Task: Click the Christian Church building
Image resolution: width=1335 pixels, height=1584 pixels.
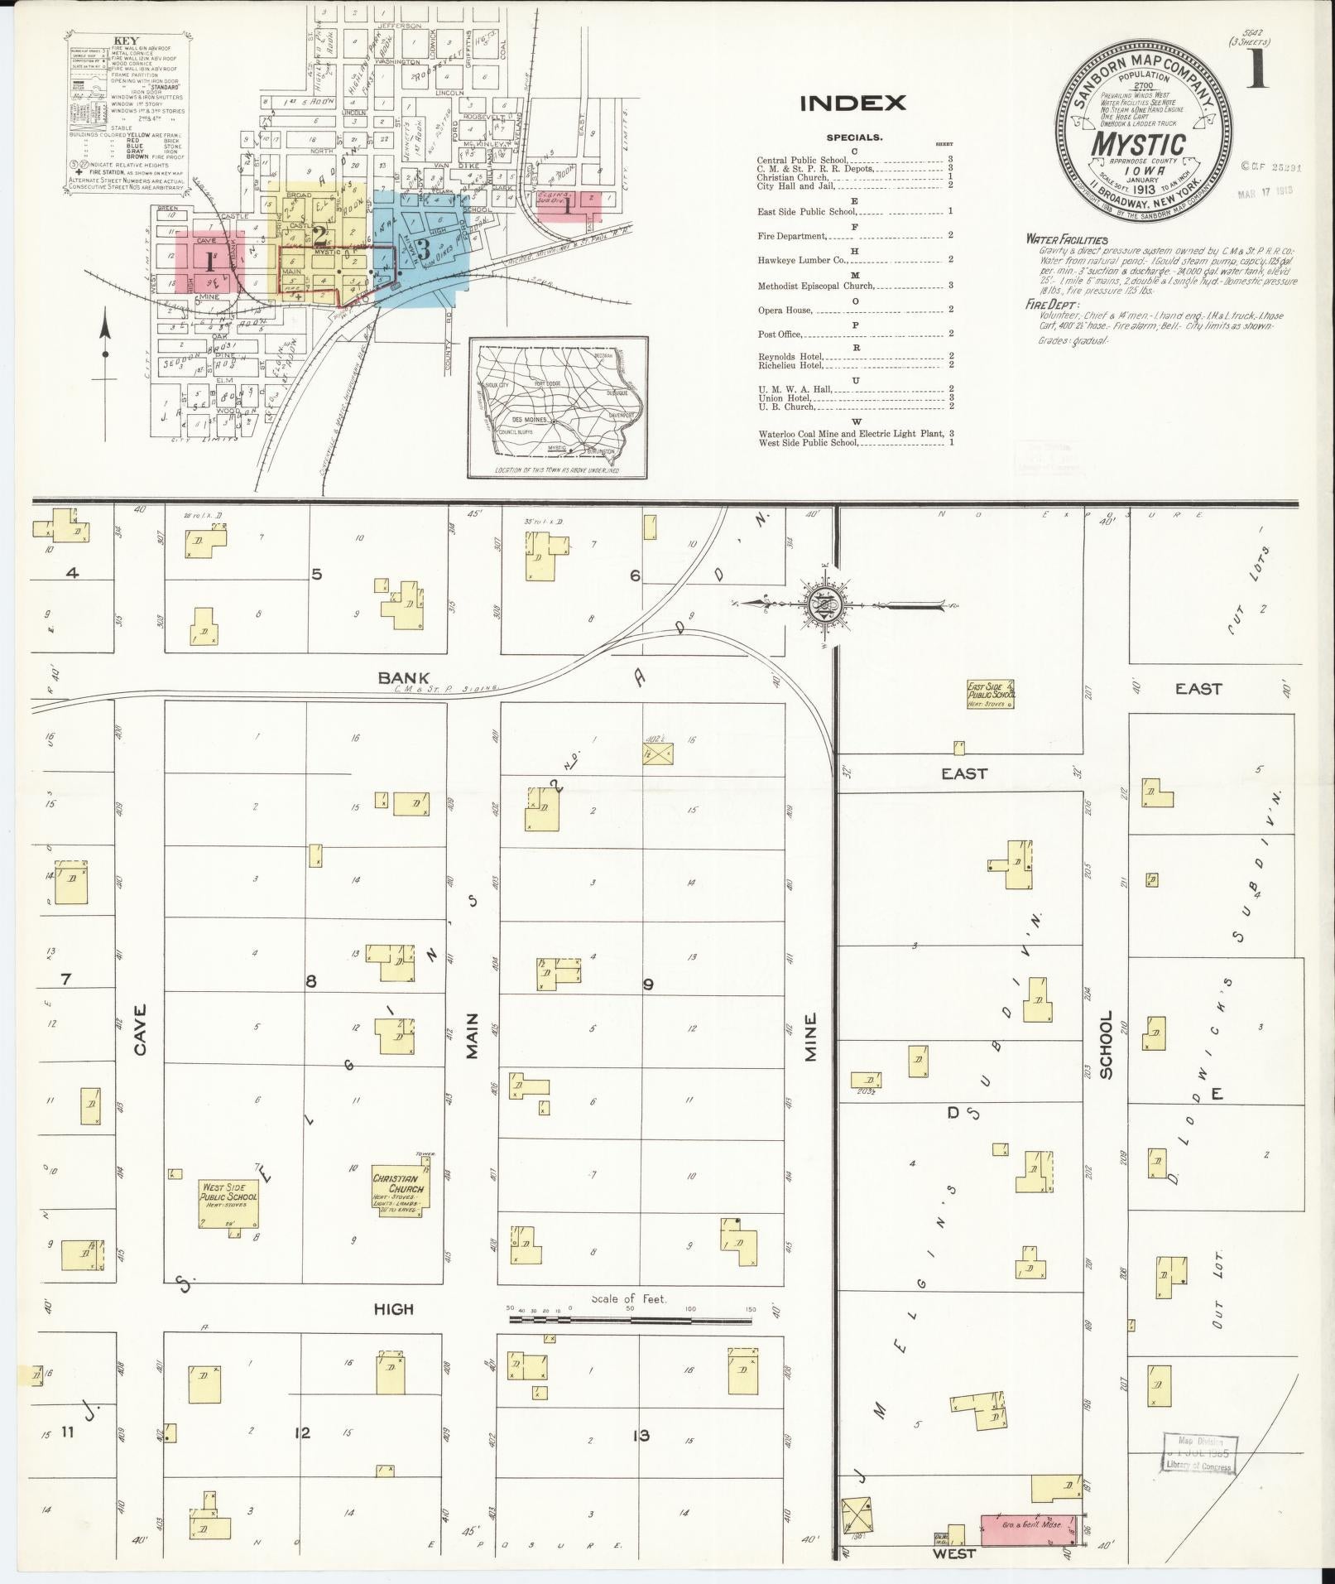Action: pyautogui.click(x=398, y=1189)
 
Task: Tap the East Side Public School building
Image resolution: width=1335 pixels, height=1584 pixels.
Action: pyautogui.click(x=990, y=695)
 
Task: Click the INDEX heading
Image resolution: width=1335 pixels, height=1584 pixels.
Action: pyautogui.click(x=852, y=104)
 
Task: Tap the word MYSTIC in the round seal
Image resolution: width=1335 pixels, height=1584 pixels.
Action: pyautogui.click(x=1138, y=145)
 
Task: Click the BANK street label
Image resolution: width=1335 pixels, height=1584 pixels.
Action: pyautogui.click(x=403, y=677)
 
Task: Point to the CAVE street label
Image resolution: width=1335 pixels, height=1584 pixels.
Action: pyautogui.click(x=139, y=1029)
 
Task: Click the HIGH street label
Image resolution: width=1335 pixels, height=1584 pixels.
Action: pyautogui.click(x=393, y=1309)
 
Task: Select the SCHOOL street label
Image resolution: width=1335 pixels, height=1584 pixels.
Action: pyautogui.click(x=1106, y=1045)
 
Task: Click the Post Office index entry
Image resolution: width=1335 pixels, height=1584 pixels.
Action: pyautogui.click(x=780, y=334)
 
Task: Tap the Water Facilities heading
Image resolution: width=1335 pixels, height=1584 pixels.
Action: pyautogui.click(x=1066, y=239)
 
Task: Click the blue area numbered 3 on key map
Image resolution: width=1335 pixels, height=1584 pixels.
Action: pyautogui.click(x=423, y=248)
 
